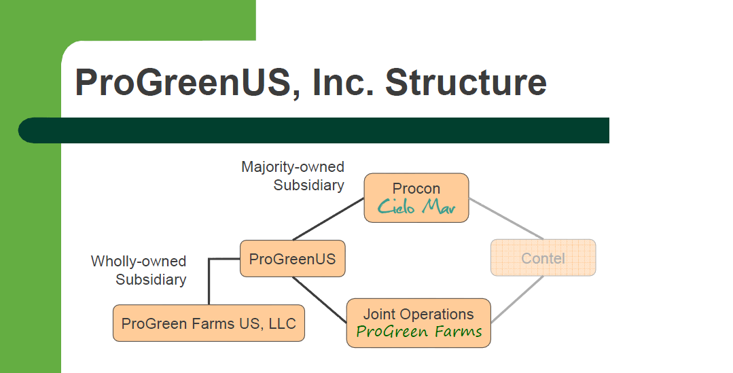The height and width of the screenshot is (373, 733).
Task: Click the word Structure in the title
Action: [x=465, y=83]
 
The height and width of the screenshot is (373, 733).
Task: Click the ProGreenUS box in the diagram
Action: [x=292, y=259]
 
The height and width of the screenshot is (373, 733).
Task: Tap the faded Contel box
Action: [x=543, y=258]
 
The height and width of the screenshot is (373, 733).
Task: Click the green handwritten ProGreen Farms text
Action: [x=419, y=332]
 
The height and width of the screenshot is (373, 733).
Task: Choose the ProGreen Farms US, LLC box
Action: [x=209, y=323]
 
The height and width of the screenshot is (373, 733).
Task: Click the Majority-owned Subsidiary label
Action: [x=293, y=176]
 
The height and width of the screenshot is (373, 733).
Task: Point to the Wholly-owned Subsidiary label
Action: [x=139, y=270]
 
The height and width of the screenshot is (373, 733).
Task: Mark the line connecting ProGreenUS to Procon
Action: [x=329, y=219]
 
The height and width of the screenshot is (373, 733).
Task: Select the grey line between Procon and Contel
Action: [x=506, y=219]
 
